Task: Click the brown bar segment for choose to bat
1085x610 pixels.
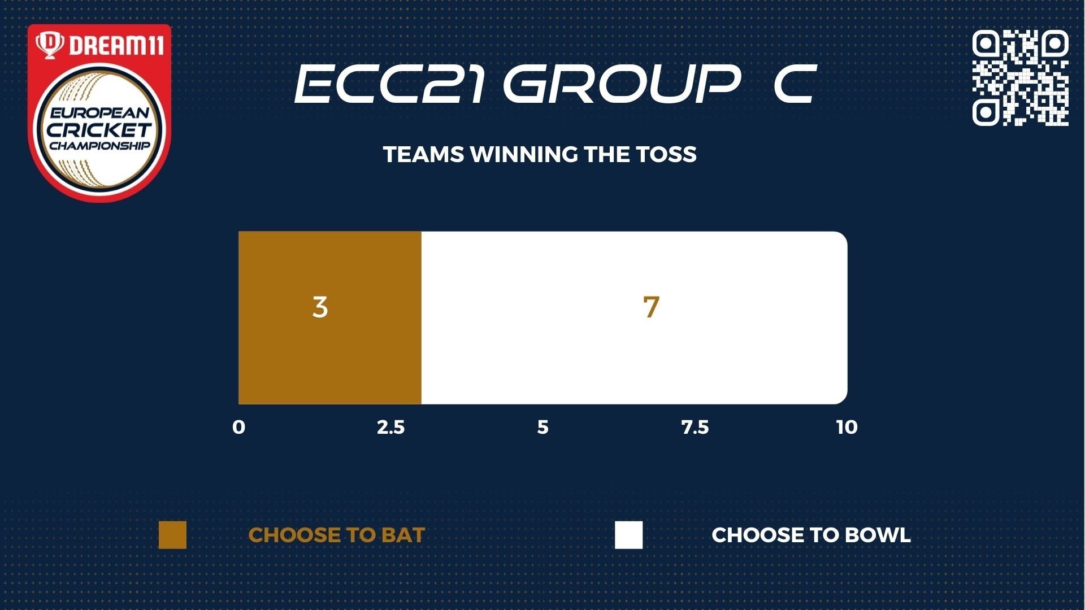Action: click(330, 318)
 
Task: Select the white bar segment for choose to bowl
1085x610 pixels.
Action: click(634, 318)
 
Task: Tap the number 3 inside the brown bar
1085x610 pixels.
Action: click(320, 307)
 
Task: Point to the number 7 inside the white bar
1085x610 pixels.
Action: click(651, 307)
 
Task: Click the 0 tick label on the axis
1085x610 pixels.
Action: click(238, 427)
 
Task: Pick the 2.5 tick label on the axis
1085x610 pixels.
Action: click(391, 427)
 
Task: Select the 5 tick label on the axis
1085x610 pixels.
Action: click(542, 427)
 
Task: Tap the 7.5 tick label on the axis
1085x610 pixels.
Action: click(695, 427)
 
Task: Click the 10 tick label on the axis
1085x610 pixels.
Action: click(847, 427)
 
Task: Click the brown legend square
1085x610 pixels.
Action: click(172, 535)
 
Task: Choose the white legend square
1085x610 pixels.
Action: click(629, 535)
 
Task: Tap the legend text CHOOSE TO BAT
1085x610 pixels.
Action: click(337, 535)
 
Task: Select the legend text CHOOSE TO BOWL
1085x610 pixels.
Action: click(811, 535)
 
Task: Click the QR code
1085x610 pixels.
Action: click(1020, 77)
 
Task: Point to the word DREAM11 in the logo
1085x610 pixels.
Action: click(116, 45)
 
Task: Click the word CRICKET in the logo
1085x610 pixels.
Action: click(99, 129)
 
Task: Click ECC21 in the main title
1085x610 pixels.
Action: click(390, 84)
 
